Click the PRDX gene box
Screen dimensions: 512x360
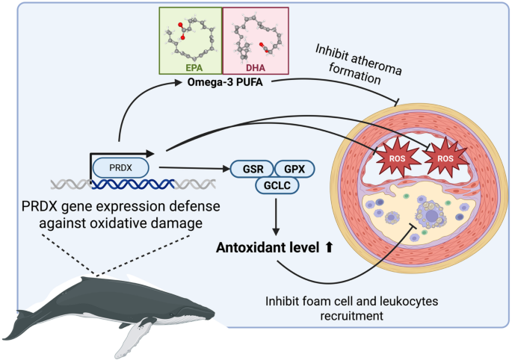[121, 168]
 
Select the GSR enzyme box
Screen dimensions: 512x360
[253, 169]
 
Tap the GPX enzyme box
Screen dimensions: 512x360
[294, 169]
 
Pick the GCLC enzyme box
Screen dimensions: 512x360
[277, 185]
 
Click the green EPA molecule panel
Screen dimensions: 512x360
[191, 41]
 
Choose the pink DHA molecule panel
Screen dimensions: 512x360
[256, 41]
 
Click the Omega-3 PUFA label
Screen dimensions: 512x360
[225, 82]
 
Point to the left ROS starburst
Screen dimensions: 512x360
[397, 158]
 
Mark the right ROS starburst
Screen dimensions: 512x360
[445, 158]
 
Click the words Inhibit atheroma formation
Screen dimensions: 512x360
[357, 65]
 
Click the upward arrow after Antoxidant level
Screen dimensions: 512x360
[328, 247]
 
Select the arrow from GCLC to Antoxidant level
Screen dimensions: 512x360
[276, 217]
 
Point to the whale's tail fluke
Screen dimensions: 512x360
[17, 326]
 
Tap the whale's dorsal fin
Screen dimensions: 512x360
[88, 280]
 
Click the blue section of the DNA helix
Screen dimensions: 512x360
[132, 184]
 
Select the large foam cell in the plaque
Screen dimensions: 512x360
[432, 214]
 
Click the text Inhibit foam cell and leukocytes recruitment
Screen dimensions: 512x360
[352, 308]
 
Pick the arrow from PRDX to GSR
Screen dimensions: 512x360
[194, 168]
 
